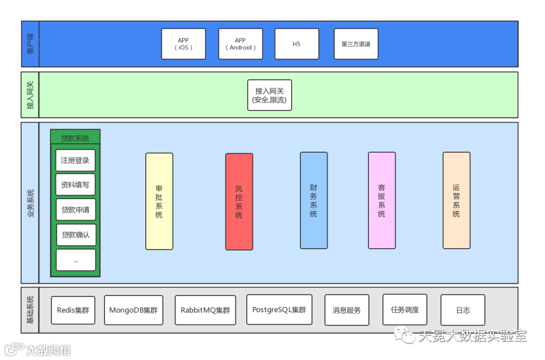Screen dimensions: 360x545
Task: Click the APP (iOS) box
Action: (x=184, y=44)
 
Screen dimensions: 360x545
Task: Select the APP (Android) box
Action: (x=240, y=44)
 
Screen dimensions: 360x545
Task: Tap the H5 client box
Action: (x=297, y=44)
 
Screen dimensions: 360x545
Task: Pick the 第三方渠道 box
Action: (x=356, y=44)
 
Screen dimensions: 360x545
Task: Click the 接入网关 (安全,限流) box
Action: (x=270, y=95)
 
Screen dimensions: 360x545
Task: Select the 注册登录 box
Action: (x=75, y=160)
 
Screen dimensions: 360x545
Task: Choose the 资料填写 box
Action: (x=75, y=185)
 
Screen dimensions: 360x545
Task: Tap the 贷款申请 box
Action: (x=75, y=210)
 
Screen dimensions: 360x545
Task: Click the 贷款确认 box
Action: (x=75, y=235)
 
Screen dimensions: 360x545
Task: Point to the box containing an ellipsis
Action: (x=75, y=260)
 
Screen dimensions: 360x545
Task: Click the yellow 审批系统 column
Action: (x=159, y=201)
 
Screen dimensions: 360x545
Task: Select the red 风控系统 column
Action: (x=239, y=202)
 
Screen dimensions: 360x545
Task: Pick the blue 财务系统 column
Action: (x=313, y=201)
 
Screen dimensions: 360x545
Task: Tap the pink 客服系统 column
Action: (x=381, y=201)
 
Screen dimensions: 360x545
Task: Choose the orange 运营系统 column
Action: (x=456, y=200)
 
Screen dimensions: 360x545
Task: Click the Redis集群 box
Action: (x=73, y=310)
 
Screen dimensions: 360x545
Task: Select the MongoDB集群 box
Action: (x=134, y=310)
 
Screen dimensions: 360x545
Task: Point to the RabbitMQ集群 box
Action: (x=205, y=310)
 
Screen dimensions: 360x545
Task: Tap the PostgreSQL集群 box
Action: (x=279, y=310)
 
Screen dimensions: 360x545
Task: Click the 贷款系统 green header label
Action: (x=75, y=138)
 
